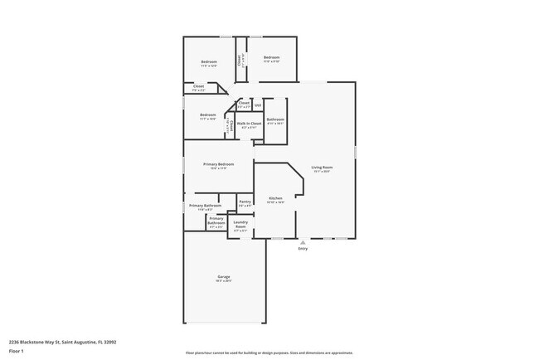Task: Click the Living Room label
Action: pos(321,168)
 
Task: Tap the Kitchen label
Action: pos(275,198)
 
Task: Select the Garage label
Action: pos(224,276)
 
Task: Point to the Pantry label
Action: pos(245,202)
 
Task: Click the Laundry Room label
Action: pos(240,223)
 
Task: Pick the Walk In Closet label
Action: pos(251,124)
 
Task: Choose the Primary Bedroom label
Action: pos(219,164)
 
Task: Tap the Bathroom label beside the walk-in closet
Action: pos(275,119)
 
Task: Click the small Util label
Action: pos(258,105)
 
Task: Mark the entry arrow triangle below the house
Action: pos(303,241)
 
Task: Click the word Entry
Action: pos(303,248)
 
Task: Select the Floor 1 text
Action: pos(16,349)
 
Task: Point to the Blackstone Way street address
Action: pos(62,341)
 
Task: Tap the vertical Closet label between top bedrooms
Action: pos(240,60)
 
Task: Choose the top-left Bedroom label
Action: pos(209,62)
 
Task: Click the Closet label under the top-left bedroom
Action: pos(199,86)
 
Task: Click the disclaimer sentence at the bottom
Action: pos(269,353)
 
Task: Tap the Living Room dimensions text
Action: pos(321,172)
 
